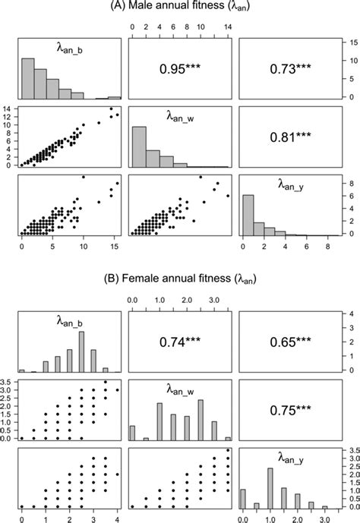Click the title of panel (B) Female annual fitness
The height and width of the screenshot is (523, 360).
(x=179, y=279)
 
